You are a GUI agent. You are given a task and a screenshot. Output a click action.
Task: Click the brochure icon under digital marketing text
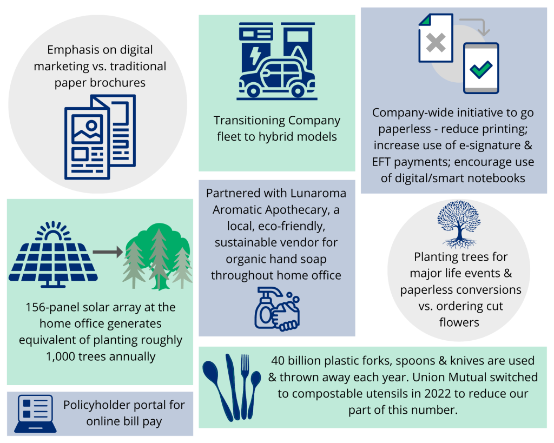point(100,137)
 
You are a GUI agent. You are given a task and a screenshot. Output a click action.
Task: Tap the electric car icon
point(276,78)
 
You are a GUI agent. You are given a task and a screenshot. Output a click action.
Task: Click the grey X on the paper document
point(436,43)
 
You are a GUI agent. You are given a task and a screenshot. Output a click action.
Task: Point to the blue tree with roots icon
point(458,227)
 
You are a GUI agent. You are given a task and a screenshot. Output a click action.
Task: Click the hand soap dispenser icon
point(276,308)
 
